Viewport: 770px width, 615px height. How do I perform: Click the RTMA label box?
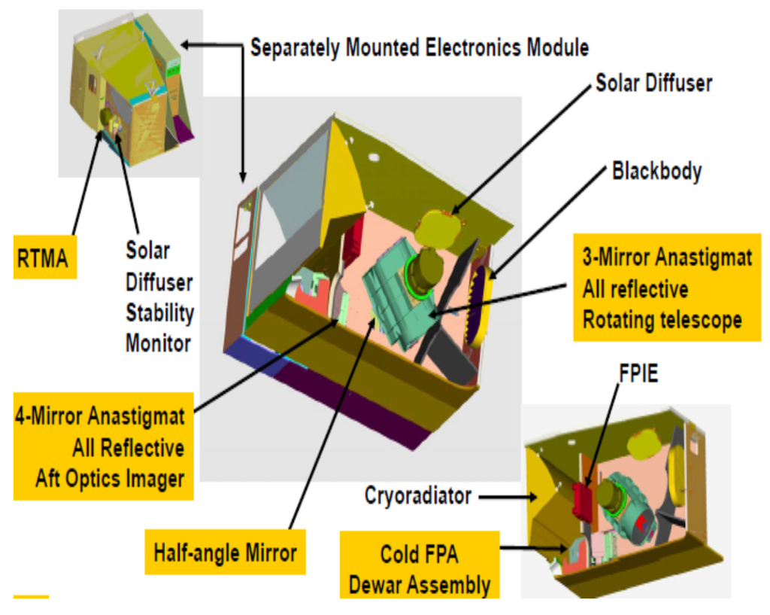(x=45, y=258)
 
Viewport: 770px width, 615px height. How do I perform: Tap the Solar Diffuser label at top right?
(x=653, y=83)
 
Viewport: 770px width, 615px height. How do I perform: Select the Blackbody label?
(x=656, y=172)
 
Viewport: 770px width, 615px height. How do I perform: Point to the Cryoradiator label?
(x=417, y=496)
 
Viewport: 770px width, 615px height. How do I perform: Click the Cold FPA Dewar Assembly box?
(x=420, y=570)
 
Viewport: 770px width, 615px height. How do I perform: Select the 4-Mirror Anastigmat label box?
(x=102, y=447)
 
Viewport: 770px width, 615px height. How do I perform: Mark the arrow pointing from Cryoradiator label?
(x=505, y=497)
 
